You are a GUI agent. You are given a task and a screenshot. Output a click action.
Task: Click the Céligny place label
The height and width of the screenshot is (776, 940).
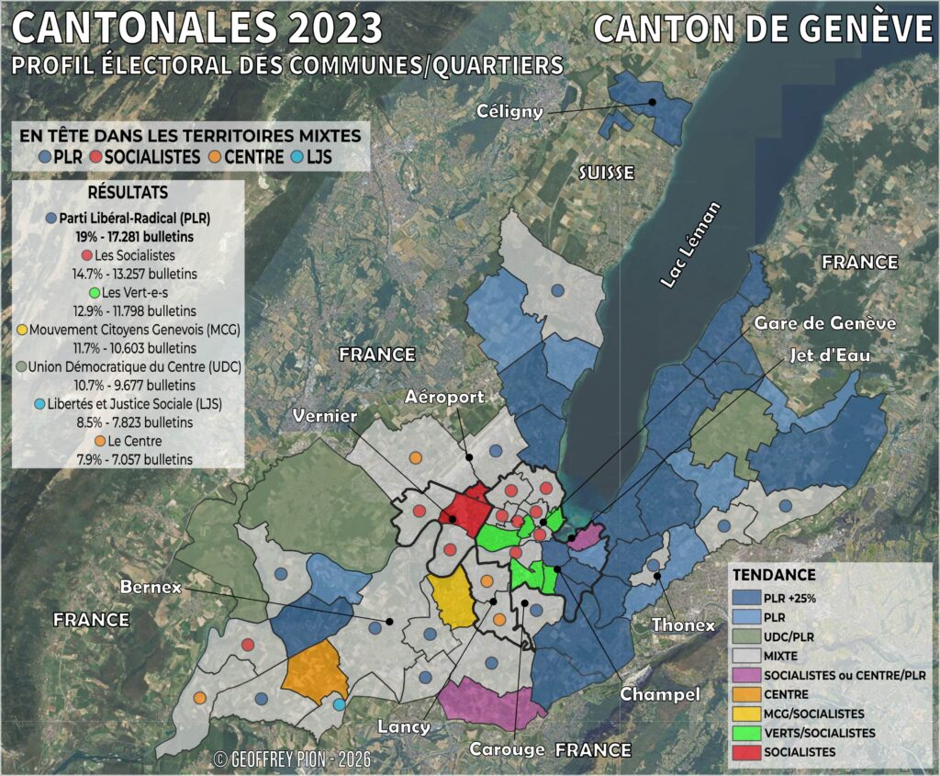point(510,111)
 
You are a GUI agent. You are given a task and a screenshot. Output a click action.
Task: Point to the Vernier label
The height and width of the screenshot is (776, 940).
point(324,417)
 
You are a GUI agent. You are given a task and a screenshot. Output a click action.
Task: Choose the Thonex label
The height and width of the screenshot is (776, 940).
point(683,624)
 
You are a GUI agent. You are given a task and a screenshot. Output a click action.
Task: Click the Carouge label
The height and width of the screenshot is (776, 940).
point(508,748)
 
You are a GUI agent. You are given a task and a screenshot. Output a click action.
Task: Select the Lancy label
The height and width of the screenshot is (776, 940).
point(404,726)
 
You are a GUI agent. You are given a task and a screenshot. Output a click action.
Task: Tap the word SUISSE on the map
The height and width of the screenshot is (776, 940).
point(606,173)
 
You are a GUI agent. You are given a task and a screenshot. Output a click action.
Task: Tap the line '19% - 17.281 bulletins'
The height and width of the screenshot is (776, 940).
point(128,236)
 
